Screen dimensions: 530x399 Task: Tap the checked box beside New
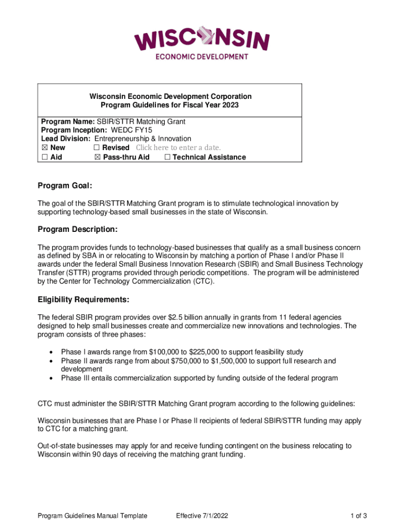pyautogui.click(x=45, y=148)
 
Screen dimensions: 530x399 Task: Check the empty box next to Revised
pyautogui.click(x=97, y=148)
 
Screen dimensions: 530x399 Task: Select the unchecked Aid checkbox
pyautogui.click(x=45, y=157)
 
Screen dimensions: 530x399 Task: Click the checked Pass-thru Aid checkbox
pyautogui.click(x=97, y=157)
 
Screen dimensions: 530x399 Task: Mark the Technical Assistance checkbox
pyautogui.click(x=167, y=157)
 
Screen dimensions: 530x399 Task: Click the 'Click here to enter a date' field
pyautogui.click(x=178, y=148)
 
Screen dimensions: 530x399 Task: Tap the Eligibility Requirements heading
pyautogui.click(x=83, y=300)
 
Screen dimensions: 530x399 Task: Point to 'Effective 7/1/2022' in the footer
pyautogui.click(x=202, y=516)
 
